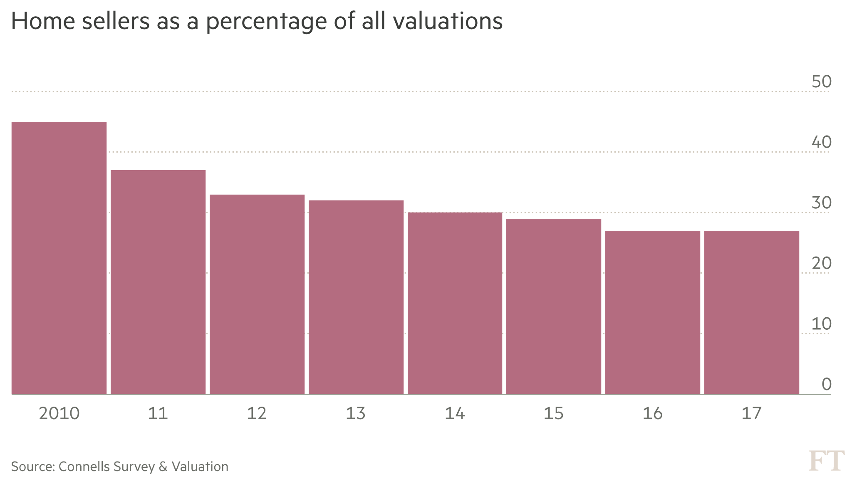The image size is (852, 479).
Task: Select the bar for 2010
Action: [x=59, y=258]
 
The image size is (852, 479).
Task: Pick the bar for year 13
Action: [x=356, y=297]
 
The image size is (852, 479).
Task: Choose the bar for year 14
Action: [x=455, y=303]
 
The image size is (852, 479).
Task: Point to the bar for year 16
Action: [x=653, y=312]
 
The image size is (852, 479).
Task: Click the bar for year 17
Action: [x=752, y=312]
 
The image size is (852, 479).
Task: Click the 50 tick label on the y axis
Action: [x=821, y=82]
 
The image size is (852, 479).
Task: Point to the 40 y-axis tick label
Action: [x=821, y=142]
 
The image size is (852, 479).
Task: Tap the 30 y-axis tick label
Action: [x=821, y=203]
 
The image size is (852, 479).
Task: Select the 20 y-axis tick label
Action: [x=821, y=264]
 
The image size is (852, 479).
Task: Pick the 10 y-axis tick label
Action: [x=821, y=324]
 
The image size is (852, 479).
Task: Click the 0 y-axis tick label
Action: [x=826, y=385]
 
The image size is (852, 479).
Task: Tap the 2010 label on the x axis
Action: [x=59, y=414]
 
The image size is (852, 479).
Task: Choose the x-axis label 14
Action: [x=455, y=414]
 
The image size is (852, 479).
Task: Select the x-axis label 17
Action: [x=751, y=414]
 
